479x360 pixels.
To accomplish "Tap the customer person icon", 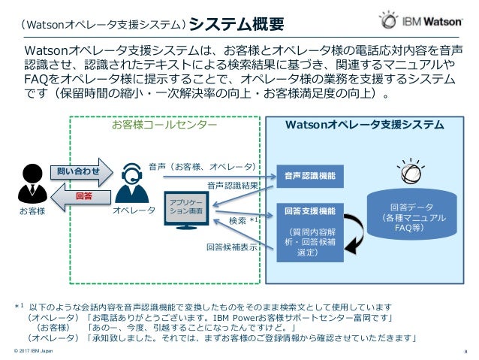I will point(32,181).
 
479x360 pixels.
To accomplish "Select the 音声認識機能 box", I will point(309,177).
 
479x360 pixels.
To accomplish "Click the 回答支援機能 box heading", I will point(309,210).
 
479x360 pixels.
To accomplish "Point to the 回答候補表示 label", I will point(232,246).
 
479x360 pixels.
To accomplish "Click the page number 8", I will point(466,352).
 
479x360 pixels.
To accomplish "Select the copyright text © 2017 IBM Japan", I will point(32,352).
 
